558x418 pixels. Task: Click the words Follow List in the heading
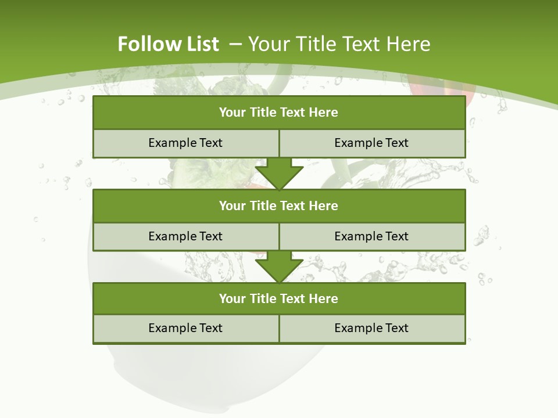[x=168, y=44]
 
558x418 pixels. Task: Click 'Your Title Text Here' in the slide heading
[x=339, y=44]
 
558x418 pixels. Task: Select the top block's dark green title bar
[x=279, y=113]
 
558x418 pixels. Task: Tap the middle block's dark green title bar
[x=279, y=206]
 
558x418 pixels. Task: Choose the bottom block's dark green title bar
[x=279, y=298]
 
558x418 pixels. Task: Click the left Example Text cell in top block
[x=185, y=143]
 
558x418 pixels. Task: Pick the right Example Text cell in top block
[x=371, y=143]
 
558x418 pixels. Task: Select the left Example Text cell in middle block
[x=185, y=236]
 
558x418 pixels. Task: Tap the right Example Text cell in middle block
[x=371, y=236]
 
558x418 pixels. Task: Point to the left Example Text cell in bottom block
[x=185, y=328]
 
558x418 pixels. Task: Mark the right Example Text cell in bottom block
[x=371, y=328]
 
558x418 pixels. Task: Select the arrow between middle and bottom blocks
[x=279, y=266]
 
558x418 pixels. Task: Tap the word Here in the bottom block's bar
[x=324, y=298]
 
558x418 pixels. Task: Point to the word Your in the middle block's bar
[x=233, y=206]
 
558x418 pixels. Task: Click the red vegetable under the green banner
[x=442, y=90]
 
